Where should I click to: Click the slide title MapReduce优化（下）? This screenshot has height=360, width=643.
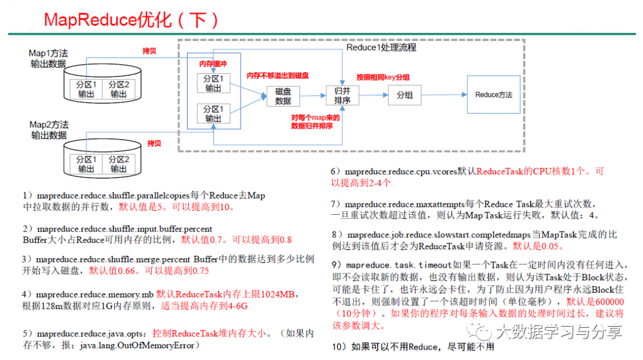pos(132,20)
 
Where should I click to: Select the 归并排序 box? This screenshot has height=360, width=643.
pos(342,95)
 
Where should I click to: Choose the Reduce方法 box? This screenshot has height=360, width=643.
pos(493,95)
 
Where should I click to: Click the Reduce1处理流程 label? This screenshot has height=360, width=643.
pos(381,48)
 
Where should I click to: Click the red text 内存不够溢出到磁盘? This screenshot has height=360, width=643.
pos(278,76)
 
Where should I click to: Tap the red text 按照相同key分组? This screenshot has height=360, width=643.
pos(382,77)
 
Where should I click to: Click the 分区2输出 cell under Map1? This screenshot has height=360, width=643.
pos(119,89)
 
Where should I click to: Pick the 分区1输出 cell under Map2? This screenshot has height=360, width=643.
pos(85,164)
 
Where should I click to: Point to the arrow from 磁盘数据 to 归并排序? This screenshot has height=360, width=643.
pos(312,95)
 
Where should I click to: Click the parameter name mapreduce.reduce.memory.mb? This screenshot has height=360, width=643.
pos(95,295)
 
